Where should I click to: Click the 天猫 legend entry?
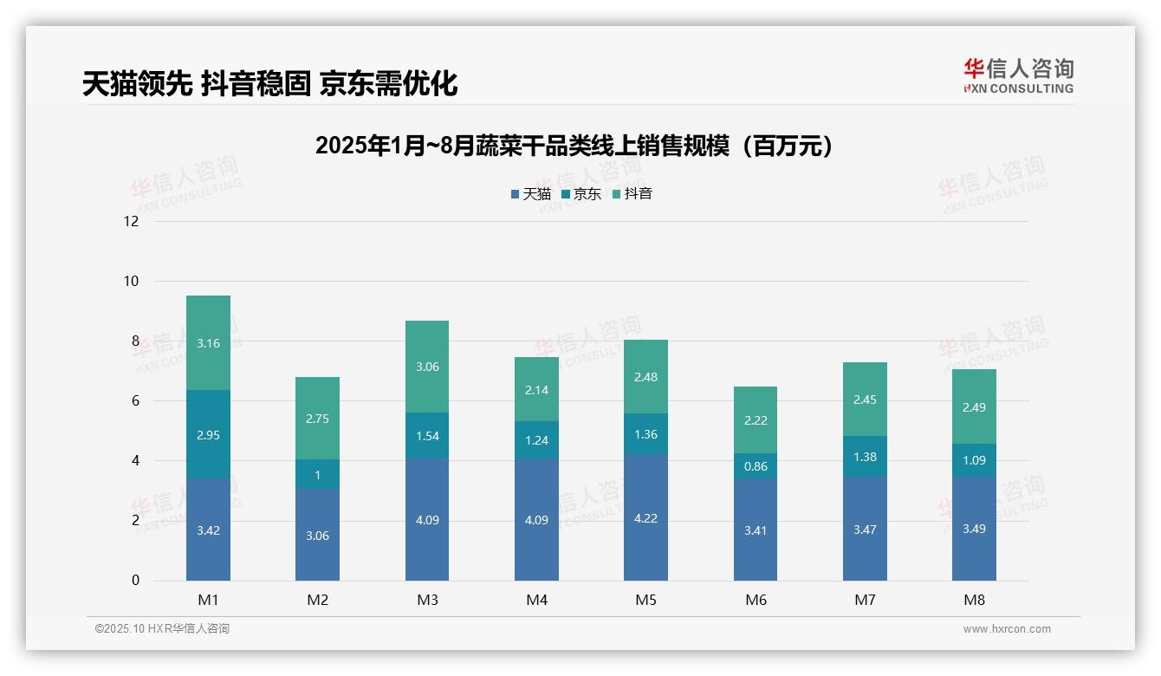[531, 194]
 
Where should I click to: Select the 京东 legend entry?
[581, 194]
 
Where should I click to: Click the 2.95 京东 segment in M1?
[208, 434]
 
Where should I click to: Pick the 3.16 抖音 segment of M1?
[208, 343]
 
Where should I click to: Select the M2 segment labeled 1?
[317, 474]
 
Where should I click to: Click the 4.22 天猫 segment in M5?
[645, 517]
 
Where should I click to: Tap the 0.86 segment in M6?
[756, 465]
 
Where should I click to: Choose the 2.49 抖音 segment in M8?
[974, 406]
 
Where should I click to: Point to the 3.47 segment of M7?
[865, 529]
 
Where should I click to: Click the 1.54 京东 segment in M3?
[427, 435]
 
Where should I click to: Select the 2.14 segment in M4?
[536, 389]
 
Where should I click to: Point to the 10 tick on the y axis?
[131, 281]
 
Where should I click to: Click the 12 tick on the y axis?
[131, 221]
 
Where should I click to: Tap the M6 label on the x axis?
[756, 600]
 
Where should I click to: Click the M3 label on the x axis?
[427, 600]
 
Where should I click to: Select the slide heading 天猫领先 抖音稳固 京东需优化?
[269, 84]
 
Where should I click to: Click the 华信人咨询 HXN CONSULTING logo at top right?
[1018, 76]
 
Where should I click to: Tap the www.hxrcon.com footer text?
[1006, 629]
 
